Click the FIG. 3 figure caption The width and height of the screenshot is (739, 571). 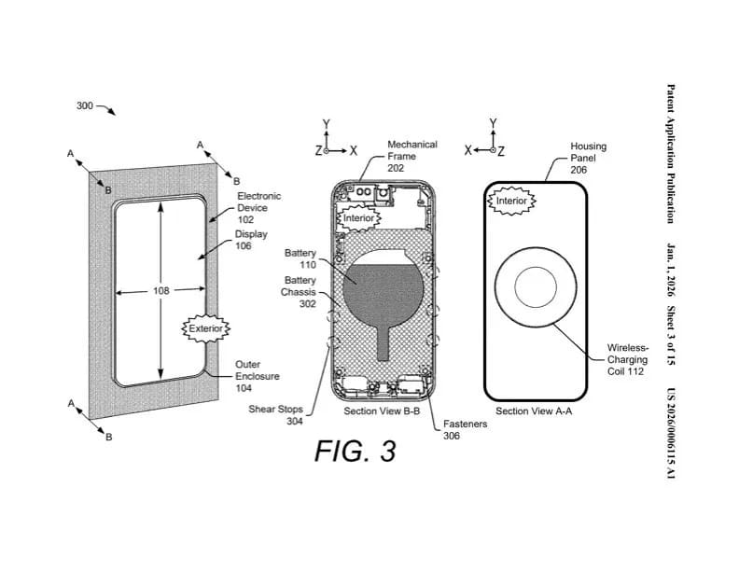tap(355, 451)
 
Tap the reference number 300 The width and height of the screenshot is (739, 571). tap(85, 105)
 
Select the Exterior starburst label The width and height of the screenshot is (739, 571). tap(206, 328)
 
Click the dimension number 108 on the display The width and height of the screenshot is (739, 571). tap(160, 291)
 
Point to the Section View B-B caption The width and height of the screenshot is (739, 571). tap(382, 411)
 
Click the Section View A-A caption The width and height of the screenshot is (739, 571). tap(534, 411)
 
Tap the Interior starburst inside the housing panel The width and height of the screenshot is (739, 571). tap(511, 202)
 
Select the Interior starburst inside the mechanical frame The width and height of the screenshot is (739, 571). tap(358, 218)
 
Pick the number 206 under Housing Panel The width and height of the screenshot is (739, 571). tap(579, 170)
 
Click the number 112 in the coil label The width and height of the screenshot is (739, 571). tap(634, 371)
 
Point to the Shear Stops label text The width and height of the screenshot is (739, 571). tap(275, 409)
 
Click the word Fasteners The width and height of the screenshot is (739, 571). tap(466, 424)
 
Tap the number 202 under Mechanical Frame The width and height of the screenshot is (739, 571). tap(396, 168)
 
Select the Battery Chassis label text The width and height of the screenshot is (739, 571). tap(299, 286)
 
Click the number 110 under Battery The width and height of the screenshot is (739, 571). tap(308, 265)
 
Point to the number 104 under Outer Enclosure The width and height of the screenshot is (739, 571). tap(244, 388)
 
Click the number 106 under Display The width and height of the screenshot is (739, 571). tap(244, 245)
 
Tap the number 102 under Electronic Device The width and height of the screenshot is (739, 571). tap(245, 219)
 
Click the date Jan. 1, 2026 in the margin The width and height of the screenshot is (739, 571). tap(671, 270)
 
